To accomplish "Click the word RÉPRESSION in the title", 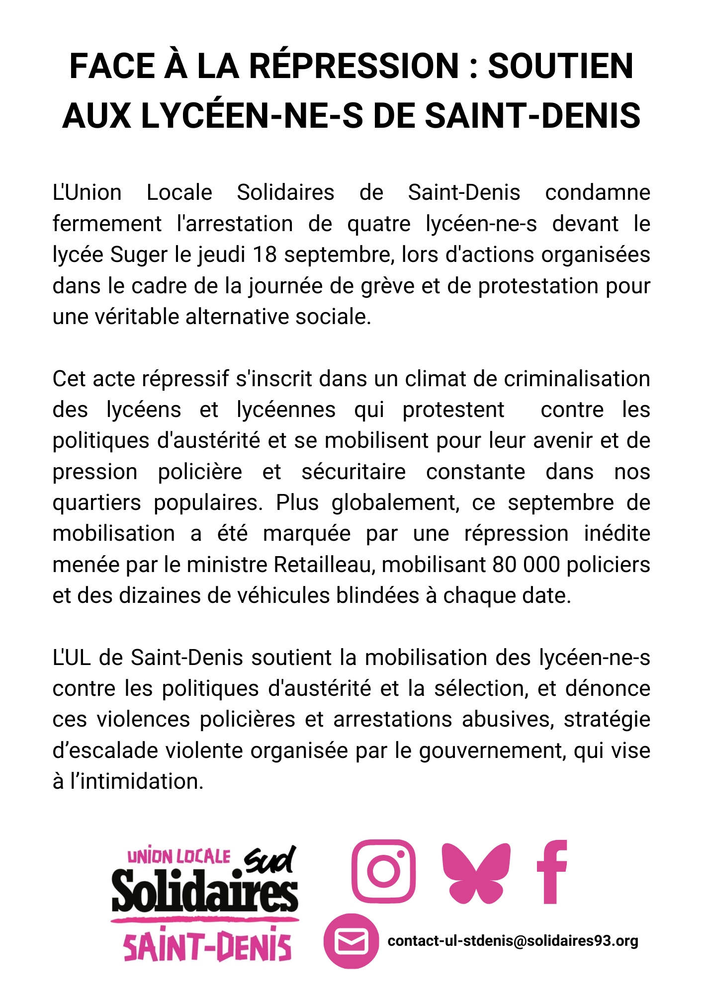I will pos(353,66).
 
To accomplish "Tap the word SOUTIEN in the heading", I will pos(560,66).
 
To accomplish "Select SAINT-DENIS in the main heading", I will pos(532,115).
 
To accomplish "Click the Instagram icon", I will pos(383,871).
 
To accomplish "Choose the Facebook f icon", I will pos(552,872).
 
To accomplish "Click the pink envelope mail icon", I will pos(351,941).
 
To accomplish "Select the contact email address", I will pos(513,941).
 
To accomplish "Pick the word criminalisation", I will pos(577,379).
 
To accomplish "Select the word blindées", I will pos(377,595).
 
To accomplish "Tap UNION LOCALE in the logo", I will pos(179,857).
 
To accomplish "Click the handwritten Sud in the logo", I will pos(271,860).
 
